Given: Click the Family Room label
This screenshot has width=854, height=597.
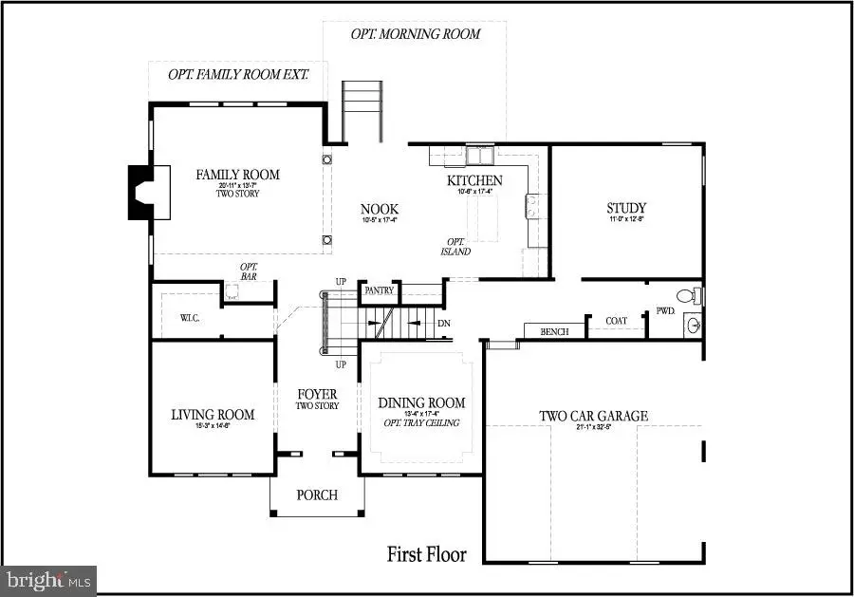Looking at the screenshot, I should (x=237, y=175).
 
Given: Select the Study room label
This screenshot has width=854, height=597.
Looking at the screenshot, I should (x=626, y=208).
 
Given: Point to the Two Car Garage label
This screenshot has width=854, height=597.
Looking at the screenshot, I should (x=593, y=416).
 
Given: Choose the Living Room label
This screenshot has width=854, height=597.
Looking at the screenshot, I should (x=213, y=415).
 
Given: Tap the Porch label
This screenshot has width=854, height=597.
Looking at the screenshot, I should (x=317, y=494).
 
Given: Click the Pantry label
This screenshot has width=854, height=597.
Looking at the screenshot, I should (x=378, y=290).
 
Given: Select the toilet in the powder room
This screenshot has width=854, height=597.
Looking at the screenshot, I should (x=694, y=293).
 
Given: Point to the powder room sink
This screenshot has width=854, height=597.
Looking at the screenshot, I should (x=693, y=326).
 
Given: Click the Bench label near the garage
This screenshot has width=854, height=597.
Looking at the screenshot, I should (x=554, y=332).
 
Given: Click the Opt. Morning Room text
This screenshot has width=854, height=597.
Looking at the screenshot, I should (x=416, y=34).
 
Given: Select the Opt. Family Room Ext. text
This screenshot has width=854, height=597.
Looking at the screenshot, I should (x=239, y=74).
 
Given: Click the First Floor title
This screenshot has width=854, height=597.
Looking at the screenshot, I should (x=426, y=553).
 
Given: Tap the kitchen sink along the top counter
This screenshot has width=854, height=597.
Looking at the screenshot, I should (x=480, y=155).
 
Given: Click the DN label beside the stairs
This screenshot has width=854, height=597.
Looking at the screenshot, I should (x=443, y=324).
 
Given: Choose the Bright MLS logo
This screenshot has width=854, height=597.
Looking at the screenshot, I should (x=49, y=578).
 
